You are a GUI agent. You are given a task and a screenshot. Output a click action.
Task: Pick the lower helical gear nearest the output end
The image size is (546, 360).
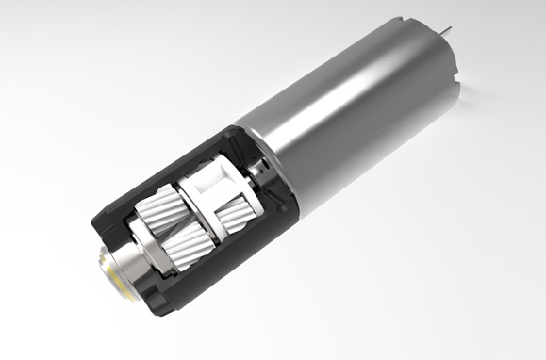tap(184, 250)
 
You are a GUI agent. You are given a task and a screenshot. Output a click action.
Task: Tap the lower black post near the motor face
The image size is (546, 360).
tap(277, 199)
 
